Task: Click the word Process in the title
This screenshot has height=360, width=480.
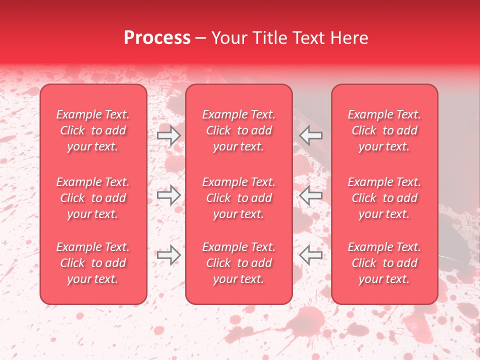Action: point(157,38)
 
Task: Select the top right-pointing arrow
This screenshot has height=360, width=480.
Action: point(168,135)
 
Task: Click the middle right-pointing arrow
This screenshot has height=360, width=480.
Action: point(168,195)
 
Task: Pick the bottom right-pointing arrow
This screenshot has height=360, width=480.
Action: point(168,255)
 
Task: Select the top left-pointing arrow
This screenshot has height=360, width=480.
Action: point(310,135)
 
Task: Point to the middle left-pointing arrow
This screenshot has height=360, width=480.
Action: point(310,195)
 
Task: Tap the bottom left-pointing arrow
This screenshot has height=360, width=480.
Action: point(310,255)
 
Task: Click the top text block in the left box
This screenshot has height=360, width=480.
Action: point(93,130)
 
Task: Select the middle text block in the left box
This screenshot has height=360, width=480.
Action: point(93,198)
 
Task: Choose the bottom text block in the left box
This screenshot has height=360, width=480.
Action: point(93,263)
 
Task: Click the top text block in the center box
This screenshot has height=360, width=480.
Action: point(238,130)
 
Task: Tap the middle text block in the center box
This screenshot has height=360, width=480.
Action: point(238,198)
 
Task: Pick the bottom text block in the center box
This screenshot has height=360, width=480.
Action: point(238,263)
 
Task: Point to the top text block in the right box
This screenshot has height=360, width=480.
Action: point(384,130)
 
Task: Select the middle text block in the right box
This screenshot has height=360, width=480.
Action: point(384,198)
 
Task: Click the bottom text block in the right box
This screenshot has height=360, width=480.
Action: point(384,263)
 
